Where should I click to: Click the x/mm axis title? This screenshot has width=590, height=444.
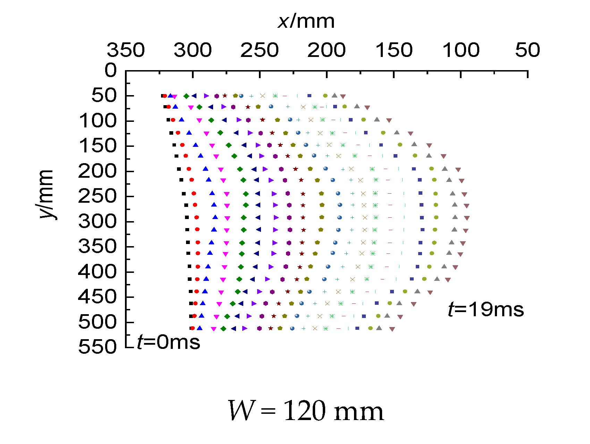tap(306, 22)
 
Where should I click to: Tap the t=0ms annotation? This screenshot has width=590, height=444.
tap(169, 342)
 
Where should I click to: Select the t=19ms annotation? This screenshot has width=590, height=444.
tap(486, 309)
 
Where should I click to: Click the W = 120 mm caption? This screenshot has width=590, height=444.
tap(306, 411)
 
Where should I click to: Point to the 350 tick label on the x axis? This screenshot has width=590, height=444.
tap(126, 50)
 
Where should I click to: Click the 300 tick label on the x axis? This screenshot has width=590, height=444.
tap(193, 50)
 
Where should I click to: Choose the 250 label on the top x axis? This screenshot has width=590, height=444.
tap(260, 50)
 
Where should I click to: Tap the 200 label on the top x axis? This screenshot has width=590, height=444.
tap(327, 50)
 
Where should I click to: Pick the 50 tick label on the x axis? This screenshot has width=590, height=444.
tap(528, 50)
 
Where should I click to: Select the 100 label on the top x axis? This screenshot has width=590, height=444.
tap(461, 50)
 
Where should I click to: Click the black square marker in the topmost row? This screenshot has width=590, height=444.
tap(162, 96)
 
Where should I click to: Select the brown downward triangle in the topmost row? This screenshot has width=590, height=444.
tap(343, 97)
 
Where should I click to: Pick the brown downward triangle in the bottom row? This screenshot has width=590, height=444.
tap(392, 329)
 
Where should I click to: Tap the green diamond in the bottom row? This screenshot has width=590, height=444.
tap(224, 328)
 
